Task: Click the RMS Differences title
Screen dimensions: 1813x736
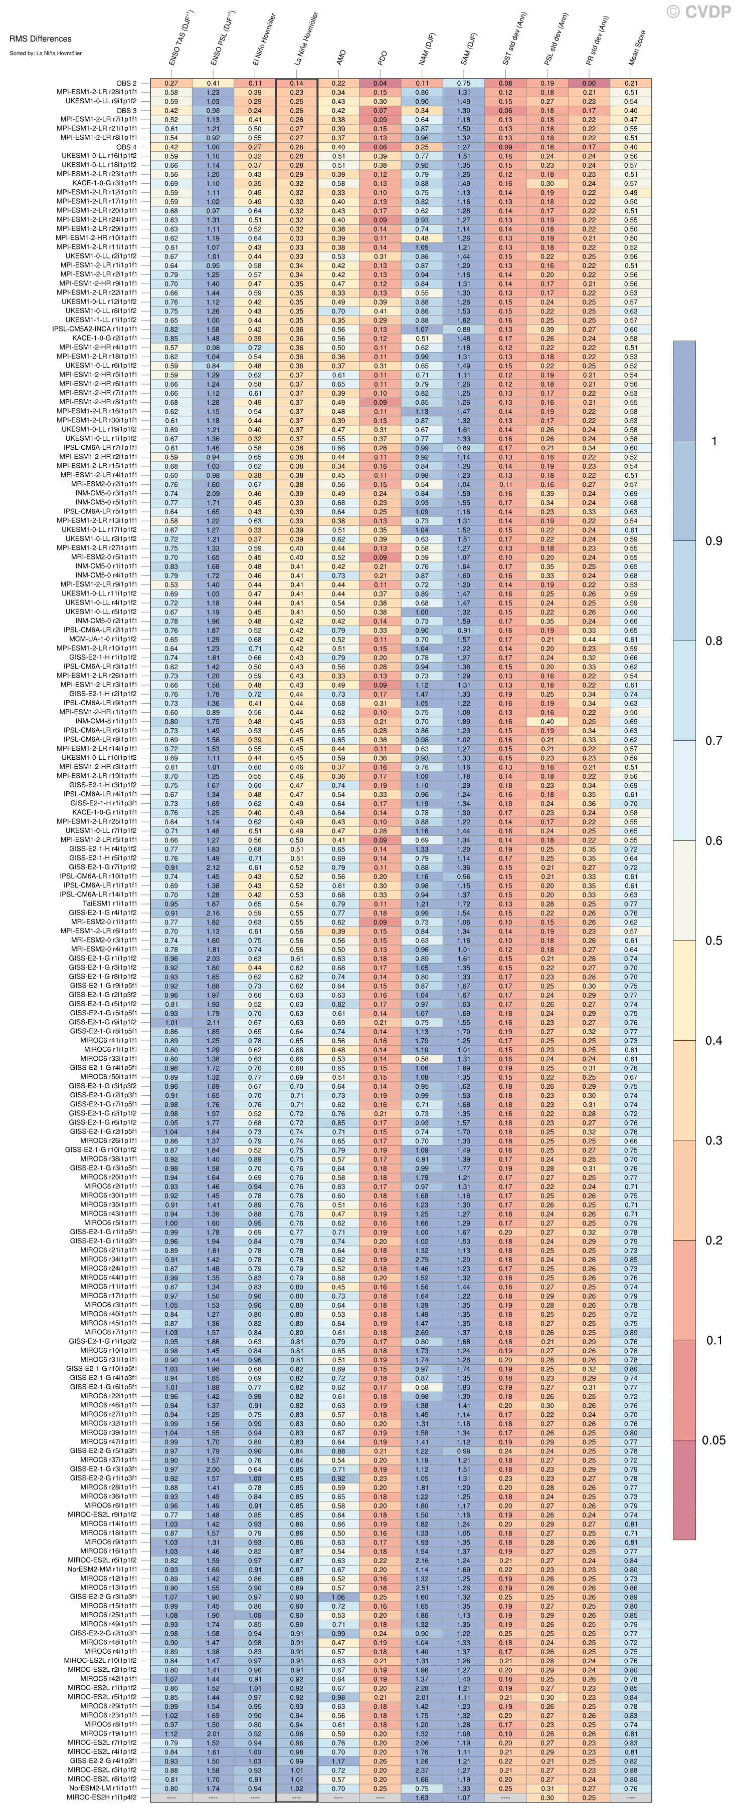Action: (x=41, y=39)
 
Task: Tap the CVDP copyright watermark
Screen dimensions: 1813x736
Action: (x=699, y=11)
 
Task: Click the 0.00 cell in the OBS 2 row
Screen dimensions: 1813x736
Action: (x=589, y=84)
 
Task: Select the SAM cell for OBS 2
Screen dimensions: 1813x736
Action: (x=463, y=84)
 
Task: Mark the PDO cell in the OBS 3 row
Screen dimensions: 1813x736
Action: (x=381, y=111)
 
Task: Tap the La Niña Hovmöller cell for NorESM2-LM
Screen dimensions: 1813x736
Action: (x=296, y=1787)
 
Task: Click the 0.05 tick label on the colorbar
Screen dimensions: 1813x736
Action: (x=713, y=1440)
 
